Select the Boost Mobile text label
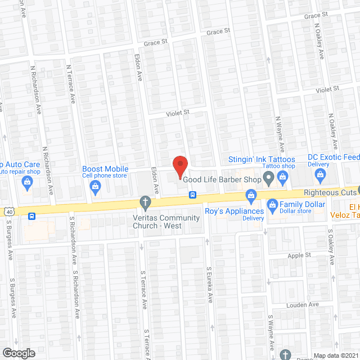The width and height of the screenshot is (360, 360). (x=105, y=169)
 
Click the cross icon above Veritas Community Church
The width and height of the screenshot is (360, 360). (x=145, y=202)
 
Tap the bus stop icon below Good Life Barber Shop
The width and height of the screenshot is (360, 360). (x=192, y=195)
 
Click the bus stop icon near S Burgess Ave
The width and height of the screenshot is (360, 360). (x=32, y=215)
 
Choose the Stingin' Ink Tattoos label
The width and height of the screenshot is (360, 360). (x=262, y=160)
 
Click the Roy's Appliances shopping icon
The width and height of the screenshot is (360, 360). (x=251, y=195)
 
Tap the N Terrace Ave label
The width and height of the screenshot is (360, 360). (x=72, y=83)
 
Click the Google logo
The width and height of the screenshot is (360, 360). (x=18, y=353)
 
